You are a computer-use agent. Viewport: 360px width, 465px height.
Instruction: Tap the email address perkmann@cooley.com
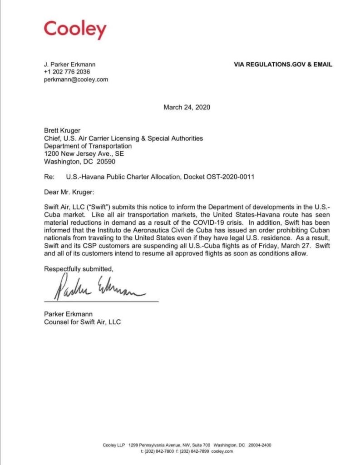(76, 79)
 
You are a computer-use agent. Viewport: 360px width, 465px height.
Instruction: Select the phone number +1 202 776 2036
(67, 72)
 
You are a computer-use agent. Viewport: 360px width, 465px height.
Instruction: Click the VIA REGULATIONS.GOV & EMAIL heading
(283, 64)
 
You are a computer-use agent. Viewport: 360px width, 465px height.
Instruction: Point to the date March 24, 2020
(187, 108)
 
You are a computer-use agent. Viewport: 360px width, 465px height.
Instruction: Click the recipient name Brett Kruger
(62, 131)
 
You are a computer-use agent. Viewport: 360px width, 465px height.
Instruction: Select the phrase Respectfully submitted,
(79, 269)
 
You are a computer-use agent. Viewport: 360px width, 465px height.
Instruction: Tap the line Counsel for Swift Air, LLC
(82, 322)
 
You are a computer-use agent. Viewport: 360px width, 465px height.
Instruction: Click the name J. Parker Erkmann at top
(70, 64)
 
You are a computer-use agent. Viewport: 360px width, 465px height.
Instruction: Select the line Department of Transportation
(88, 146)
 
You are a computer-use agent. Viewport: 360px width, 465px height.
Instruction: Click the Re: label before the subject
(49, 177)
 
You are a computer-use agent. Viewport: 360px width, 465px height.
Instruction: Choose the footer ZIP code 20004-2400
(260, 445)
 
